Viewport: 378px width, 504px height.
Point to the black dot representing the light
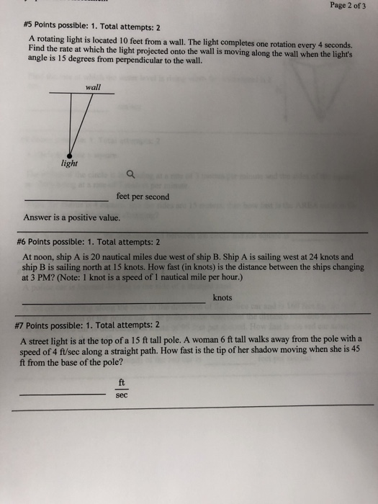pyautogui.click(x=70, y=153)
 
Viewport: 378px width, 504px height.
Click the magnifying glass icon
pyautogui.click(x=129, y=174)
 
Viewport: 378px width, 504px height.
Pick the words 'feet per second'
pyautogui.click(x=143, y=197)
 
